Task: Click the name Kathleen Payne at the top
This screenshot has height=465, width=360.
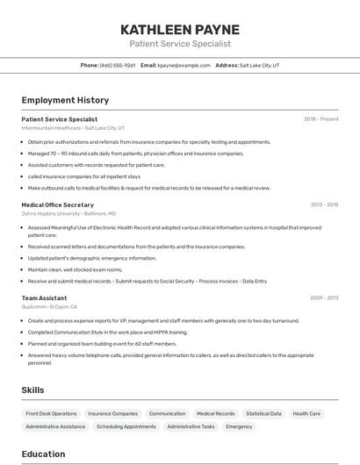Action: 180,30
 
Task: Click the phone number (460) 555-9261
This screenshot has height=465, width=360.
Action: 118,65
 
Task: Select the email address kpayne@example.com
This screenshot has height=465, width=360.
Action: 185,65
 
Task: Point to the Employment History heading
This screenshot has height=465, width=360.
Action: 65,100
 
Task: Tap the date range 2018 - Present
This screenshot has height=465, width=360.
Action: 321,118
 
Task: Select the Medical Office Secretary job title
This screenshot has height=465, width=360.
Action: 57,204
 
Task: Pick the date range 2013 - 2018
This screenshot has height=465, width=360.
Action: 324,204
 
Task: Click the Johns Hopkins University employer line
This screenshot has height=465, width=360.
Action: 68,213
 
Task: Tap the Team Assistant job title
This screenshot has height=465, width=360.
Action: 44,297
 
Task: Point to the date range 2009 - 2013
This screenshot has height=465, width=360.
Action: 324,297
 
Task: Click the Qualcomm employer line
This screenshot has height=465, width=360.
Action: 49,307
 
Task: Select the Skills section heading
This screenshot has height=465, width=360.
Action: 33,390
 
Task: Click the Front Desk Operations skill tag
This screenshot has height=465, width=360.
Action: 51,413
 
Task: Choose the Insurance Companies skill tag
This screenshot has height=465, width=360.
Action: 112,413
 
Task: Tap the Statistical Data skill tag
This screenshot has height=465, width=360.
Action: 263,413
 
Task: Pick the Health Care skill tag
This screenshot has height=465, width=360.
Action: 306,413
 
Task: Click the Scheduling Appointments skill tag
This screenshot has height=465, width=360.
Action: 126,426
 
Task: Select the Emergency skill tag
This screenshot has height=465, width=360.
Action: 239,426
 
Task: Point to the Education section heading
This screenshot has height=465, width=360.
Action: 44,454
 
